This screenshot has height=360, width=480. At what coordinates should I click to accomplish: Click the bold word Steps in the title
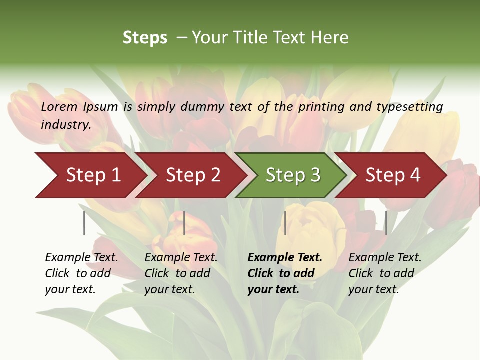coord(145,38)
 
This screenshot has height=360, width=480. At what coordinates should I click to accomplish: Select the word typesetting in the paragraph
coord(409,107)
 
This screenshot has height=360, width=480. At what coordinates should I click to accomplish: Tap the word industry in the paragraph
coord(66,125)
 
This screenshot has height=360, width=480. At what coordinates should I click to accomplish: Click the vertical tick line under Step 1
coord(84,223)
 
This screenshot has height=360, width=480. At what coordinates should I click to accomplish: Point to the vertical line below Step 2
coord(184,223)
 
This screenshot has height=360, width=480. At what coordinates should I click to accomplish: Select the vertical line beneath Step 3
coord(285,223)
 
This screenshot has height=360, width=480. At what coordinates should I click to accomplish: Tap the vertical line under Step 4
coord(386,223)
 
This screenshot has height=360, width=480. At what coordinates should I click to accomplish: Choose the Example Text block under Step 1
coord(81,273)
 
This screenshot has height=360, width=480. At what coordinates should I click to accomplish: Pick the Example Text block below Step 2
coord(180,273)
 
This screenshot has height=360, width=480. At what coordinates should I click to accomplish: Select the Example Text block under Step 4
coord(384,273)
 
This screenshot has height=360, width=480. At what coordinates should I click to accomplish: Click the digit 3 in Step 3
coord(315,175)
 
